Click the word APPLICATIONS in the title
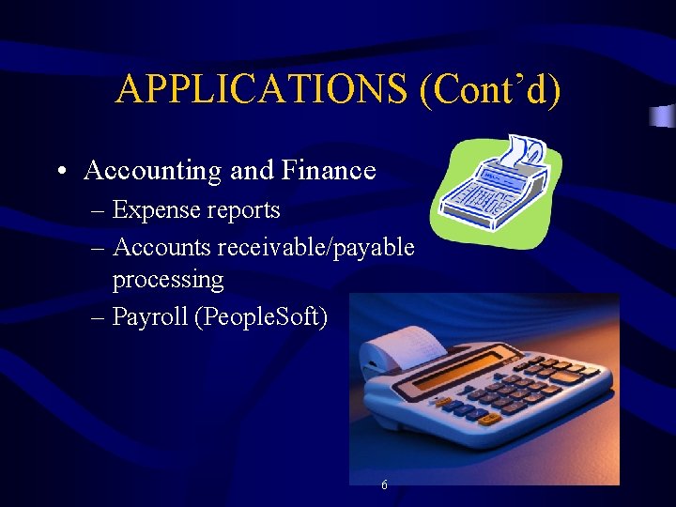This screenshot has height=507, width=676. [262, 90]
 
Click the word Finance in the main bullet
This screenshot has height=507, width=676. [329, 170]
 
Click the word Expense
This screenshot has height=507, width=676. [156, 210]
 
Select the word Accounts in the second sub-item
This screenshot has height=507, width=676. [161, 246]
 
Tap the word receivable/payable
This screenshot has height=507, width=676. [315, 246]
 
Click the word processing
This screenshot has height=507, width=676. [167, 280]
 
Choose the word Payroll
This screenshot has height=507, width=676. [148, 316]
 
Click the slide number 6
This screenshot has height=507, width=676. [385, 485]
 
